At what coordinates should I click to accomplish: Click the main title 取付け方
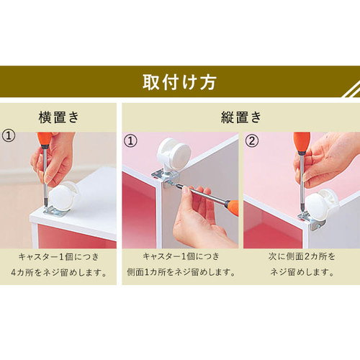(180, 81)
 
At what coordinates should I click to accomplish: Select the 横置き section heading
(58, 115)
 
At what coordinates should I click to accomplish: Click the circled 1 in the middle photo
(131, 141)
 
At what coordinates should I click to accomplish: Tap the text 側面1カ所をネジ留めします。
(179, 271)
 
